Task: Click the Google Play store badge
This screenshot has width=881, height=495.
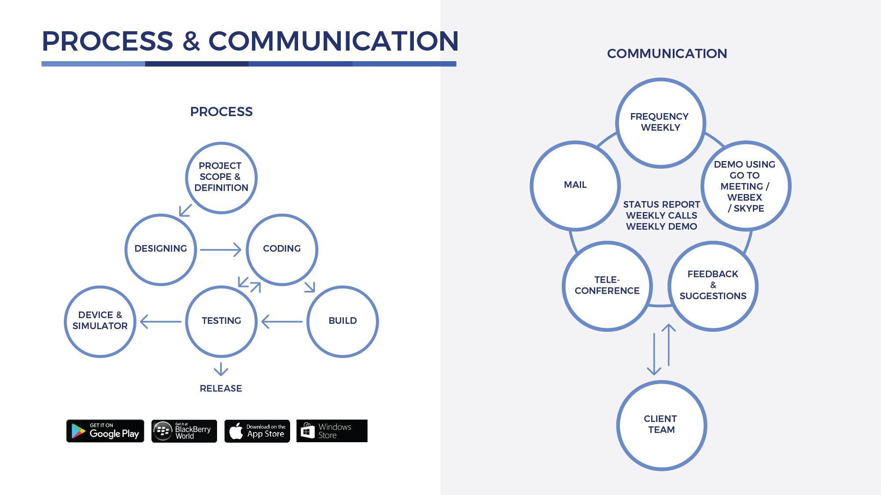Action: (x=105, y=431)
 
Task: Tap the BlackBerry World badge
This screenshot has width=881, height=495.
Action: (x=184, y=431)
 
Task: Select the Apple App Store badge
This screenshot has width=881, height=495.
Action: (x=257, y=431)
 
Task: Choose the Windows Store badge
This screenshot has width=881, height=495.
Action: (x=332, y=431)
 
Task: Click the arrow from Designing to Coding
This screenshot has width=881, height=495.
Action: (x=221, y=249)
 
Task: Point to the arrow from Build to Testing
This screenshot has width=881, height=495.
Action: (x=282, y=322)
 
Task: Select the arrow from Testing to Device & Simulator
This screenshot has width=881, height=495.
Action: (x=161, y=322)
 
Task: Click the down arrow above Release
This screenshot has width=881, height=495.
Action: (x=221, y=369)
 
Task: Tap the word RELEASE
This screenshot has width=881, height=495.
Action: (x=221, y=389)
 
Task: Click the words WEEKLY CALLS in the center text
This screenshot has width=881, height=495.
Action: (x=661, y=216)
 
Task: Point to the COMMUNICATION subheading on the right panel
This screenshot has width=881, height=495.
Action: (x=667, y=54)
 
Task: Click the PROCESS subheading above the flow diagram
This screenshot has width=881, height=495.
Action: (x=221, y=112)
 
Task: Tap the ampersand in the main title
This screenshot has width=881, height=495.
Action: (x=191, y=41)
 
